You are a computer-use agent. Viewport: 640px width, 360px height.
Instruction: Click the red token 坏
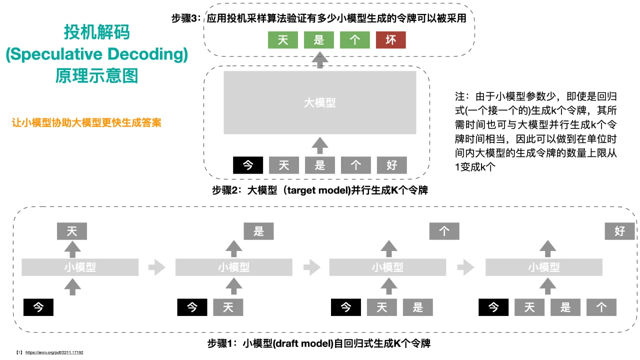point(390,40)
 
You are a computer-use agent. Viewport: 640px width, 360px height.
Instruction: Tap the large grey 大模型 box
point(320,102)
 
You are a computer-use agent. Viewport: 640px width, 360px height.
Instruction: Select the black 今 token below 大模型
point(248,165)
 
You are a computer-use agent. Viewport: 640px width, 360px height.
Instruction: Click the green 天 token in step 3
point(283,40)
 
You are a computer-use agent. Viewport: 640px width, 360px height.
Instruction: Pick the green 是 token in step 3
point(319,40)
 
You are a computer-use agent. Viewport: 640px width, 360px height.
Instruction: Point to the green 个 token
point(355,40)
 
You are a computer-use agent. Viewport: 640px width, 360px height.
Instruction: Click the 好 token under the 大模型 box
point(392,165)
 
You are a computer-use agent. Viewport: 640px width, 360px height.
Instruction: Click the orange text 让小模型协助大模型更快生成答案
point(86,123)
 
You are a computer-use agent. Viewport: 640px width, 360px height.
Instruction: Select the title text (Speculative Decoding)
point(96,54)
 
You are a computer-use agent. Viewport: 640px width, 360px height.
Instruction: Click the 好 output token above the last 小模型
point(619,231)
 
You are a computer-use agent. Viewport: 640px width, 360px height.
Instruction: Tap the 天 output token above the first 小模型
point(72,231)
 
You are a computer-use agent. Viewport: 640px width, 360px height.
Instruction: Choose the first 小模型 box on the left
point(80,267)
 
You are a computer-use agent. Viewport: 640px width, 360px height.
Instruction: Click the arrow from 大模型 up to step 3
point(320,59)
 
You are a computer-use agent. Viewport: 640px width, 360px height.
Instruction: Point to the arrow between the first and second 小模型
point(156,267)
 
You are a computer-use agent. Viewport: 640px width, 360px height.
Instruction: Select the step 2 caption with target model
point(320,190)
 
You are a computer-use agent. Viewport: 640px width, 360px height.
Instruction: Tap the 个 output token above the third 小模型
point(444,231)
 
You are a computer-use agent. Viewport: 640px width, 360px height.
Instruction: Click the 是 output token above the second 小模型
point(258,231)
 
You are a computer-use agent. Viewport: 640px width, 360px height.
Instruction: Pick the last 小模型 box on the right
point(543,267)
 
